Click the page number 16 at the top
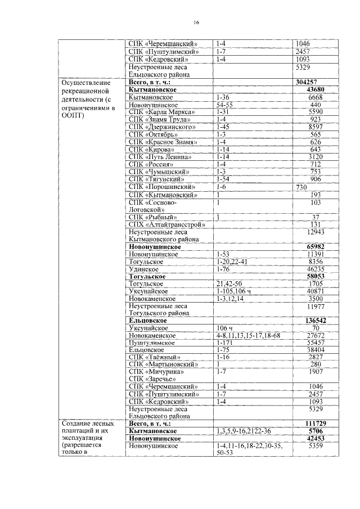point(196,22)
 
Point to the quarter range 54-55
point(226,105)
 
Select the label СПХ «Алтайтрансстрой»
point(166,224)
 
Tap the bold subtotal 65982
point(316,246)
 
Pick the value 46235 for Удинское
point(316,269)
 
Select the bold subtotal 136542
point(316,321)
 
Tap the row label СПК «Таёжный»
point(154,357)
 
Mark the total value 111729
point(316,423)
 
